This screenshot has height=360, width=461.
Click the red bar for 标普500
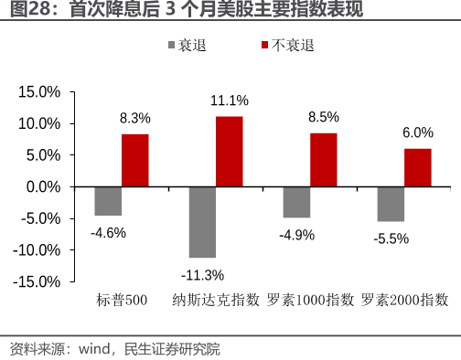pyautogui.click(x=134, y=160)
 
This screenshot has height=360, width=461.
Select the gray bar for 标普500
pyautogui.click(x=108, y=201)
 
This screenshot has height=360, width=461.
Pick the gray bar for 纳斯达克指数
pyautogui.click(x=202, y=222)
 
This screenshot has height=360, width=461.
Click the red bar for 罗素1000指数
pyautogui.click(x=323, y=160)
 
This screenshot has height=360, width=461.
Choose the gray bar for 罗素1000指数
pyautogui.click(x=296, y=202)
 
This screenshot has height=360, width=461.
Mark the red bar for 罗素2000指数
pyautogui.click(x=417, y=167)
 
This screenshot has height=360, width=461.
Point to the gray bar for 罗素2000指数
pyautogui.click(x=391, y=204)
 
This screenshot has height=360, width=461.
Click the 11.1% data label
pyautogui.click(x=229, y=101)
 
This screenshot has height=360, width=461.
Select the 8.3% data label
pyautogui.click(x=134, y=118)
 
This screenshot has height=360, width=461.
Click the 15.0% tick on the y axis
pyautogui.click(x=39, y=92)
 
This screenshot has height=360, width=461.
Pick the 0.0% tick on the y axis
pyautogui.click(x=42, y=186)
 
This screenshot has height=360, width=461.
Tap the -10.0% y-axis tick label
pyautogui.click(x=38, y=249)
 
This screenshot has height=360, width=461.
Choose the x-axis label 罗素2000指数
pyautogui.click(x=404, y=299)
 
